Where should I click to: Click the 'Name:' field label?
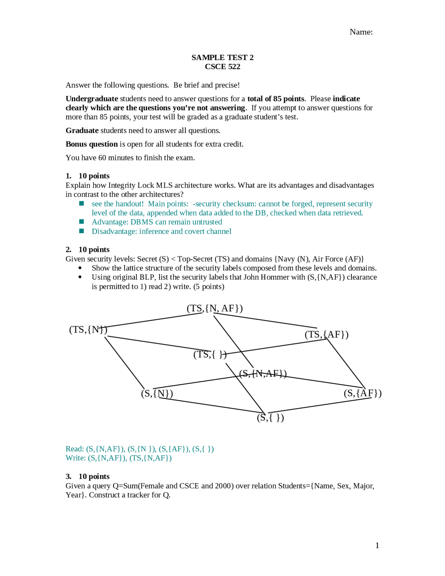tap(361, 32)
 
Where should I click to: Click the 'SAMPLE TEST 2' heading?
tap(222, 57)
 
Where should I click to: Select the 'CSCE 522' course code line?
tap(222, 66)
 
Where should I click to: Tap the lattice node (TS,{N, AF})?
tap(215, 308)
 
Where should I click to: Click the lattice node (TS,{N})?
tap(88, 329)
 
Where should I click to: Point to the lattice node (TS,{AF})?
tap(326, 334)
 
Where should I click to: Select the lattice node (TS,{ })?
tap(210, 354)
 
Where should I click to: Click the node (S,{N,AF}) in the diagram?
tap(263, 374)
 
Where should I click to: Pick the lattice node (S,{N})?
tap(157, 393)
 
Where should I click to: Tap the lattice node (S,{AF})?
tap(363, 393)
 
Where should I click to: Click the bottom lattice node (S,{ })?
tap(270, 417)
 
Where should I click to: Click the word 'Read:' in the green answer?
tap(75, 449)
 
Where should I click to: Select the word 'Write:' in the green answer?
tap(75, 458)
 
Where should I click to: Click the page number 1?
tap(377, 545)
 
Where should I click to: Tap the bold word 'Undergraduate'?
tap(92, 99)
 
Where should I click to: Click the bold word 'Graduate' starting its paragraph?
tap(82, 130)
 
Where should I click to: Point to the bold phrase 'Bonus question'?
tap(92, 144)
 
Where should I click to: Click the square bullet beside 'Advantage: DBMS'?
tap(82, 222)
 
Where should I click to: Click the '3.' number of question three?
tap(68, 477)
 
